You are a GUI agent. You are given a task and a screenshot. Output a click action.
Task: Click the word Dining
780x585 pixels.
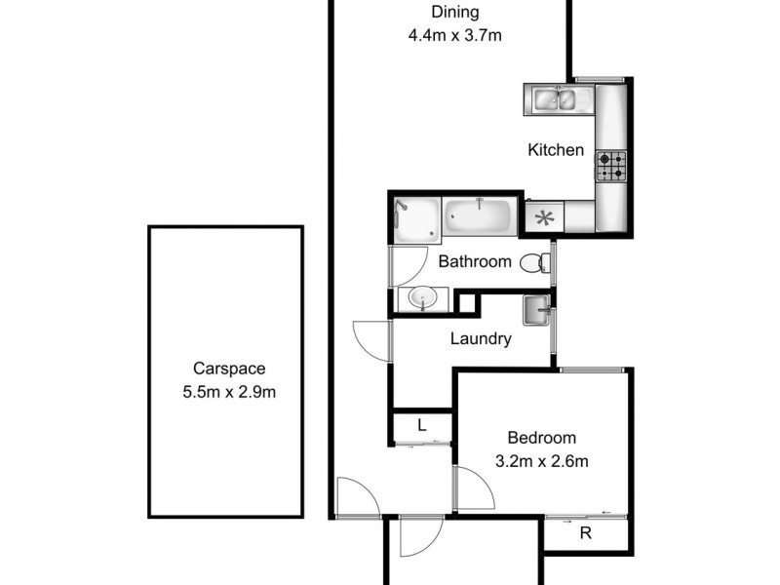(x=455, y=13)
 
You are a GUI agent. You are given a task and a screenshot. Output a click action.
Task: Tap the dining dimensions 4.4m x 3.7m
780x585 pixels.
(x=455, y=38)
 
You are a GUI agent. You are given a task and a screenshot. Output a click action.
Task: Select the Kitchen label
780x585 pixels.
(x=556, y=150)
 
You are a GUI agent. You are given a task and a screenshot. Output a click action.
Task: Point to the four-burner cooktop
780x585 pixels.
(x=611, y=166)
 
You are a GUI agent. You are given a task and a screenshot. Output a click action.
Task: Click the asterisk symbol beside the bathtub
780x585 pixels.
(x=543, y=217)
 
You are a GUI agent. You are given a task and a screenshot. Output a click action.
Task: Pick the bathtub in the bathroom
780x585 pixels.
(x=479, y=216)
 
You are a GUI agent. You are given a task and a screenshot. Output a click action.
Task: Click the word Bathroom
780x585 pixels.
(x=475, y=261)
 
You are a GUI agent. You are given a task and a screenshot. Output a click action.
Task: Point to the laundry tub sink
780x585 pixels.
(x=536, y=311)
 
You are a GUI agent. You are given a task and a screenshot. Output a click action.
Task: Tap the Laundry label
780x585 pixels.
(x=481, y=339)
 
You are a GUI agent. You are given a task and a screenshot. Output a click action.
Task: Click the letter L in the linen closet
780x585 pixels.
(x=421, y=426)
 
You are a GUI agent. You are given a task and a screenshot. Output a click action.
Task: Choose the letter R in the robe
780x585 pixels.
(x=585, y=532)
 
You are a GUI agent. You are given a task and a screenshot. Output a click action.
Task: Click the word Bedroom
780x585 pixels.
(x=541, y=438)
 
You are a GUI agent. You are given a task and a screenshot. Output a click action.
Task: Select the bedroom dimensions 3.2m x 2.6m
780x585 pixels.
(x=541, y=461)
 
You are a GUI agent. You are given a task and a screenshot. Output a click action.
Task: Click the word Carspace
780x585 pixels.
(x=228, y=370)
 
